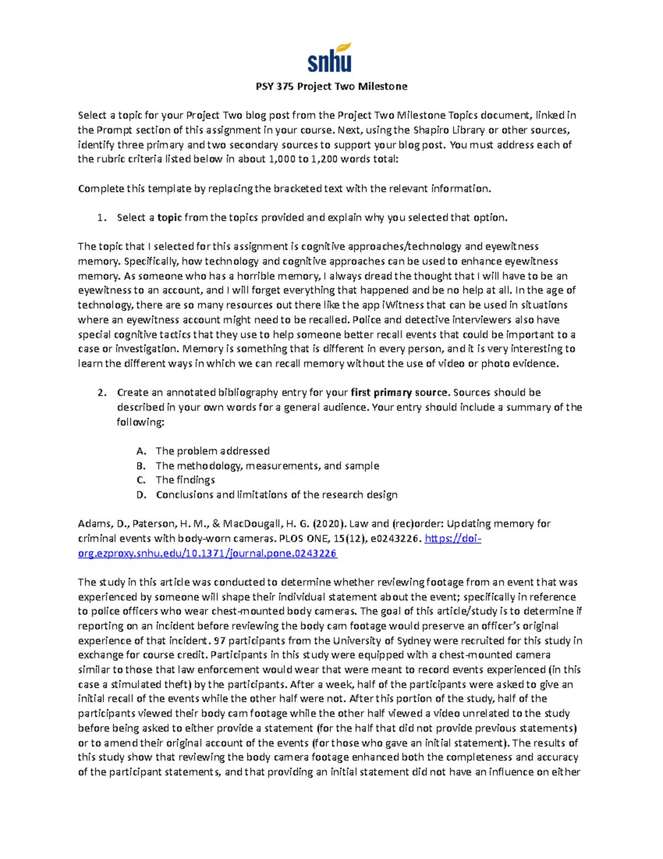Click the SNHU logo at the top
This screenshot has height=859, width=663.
click(329, 58)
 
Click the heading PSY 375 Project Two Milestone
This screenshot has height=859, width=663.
click(331, 86)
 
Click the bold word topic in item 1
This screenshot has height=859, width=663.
click(170, 218)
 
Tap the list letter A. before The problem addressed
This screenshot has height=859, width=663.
click(141, 451)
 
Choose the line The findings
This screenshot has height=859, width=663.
click(185, 480)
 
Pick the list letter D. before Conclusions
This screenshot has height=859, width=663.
click(141, 495)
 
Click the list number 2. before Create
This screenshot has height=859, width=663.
click(102, 393)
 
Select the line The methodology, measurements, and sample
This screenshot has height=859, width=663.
click(267, 466)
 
